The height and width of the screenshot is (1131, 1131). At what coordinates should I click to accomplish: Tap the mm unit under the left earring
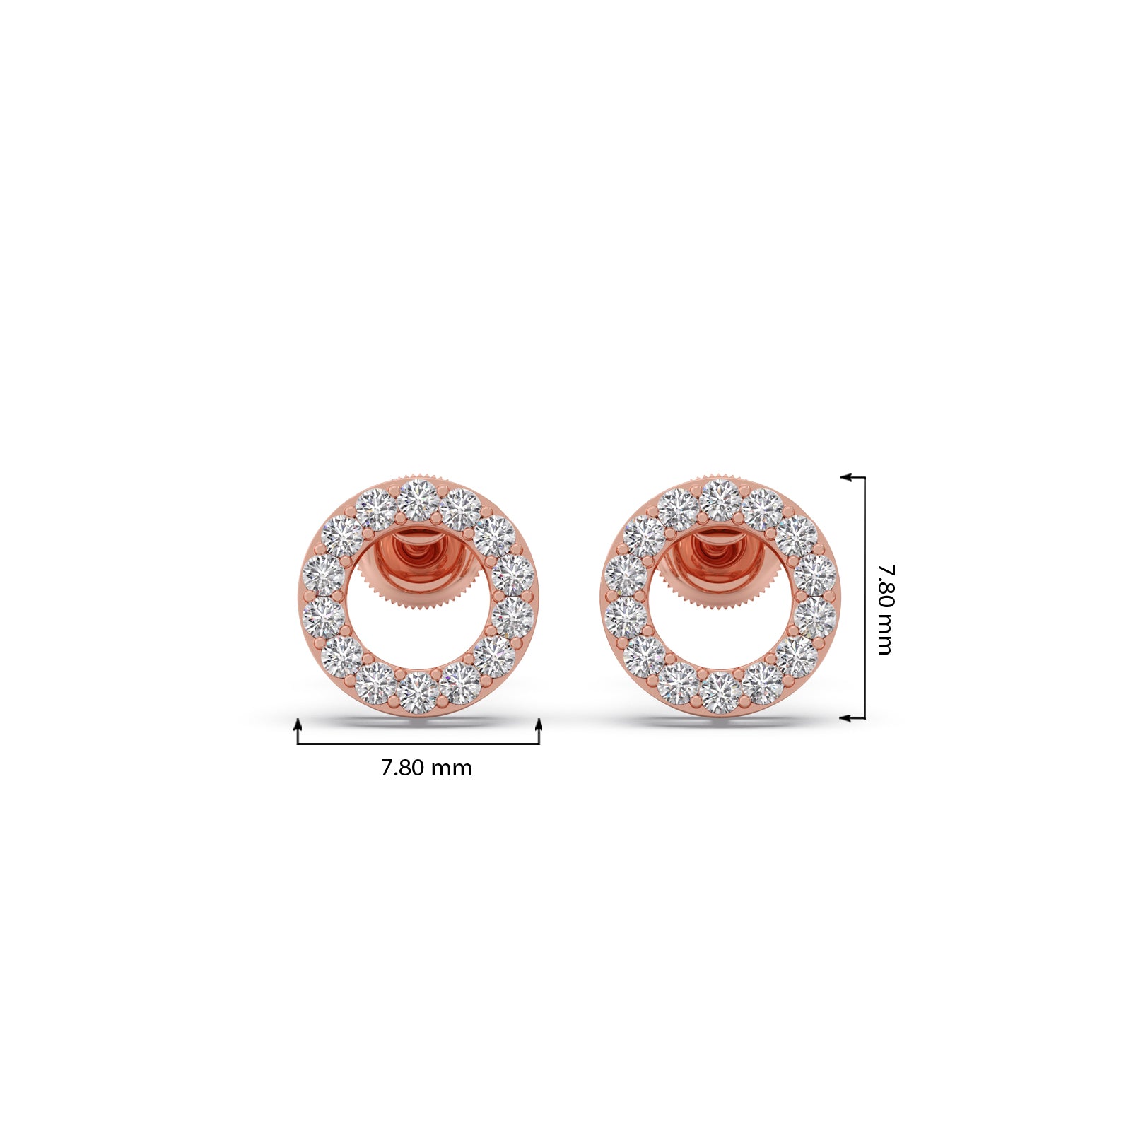coord(452,770)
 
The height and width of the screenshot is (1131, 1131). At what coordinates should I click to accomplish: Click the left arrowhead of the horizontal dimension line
coord(298,722)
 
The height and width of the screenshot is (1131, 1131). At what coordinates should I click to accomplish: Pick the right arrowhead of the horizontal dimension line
coord(539,722)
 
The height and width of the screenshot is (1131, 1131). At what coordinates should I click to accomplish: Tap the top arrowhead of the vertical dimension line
coord(845,477)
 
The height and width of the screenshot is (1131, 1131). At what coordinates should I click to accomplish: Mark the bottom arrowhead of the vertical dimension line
coord(845,717)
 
